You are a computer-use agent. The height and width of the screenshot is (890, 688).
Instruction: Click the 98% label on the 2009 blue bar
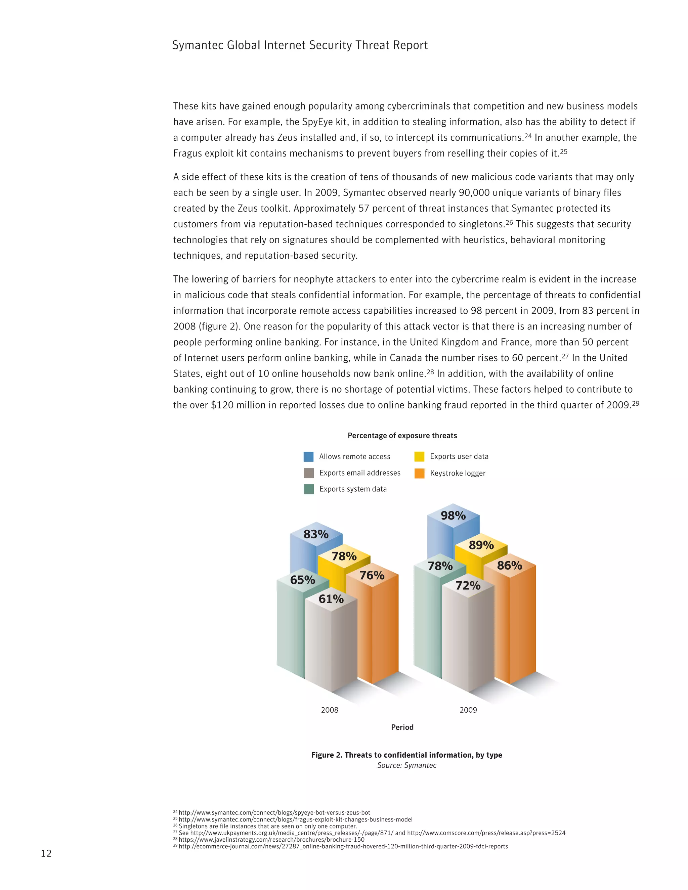coord(453,516)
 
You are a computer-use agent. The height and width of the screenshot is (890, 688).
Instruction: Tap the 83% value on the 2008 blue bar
coord(316,534)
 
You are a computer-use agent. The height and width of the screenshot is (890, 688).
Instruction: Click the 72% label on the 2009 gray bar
coord(468,586)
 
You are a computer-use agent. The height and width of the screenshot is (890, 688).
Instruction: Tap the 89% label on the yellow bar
coord(481,545)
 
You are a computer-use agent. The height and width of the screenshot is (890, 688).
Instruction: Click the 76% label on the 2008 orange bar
coord(372,575)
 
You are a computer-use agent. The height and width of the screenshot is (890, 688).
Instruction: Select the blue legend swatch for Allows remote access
coord(308,456)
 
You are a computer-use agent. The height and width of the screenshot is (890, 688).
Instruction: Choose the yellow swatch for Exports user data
coord(419,456)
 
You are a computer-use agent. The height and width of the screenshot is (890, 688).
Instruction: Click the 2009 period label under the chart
coord(468,710)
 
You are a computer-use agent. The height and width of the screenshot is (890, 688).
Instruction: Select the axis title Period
coord(402,727)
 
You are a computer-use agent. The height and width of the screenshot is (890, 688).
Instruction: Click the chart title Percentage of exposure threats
coord(402,436)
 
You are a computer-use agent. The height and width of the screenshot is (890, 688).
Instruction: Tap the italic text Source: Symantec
coord(406,765)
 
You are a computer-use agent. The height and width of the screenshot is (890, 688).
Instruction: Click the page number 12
coord(46,853)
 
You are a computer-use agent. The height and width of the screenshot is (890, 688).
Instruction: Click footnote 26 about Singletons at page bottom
coord(267,826)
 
